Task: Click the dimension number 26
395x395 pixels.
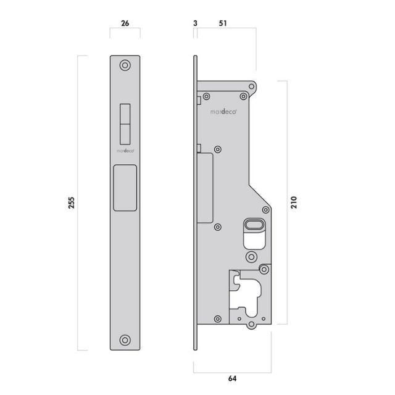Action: click(125, 24)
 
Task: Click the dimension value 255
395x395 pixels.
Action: click(71, 203)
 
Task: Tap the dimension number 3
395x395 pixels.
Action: click(195, 24)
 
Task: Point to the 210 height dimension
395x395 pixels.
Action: click(294, 202)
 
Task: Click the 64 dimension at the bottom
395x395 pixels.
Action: click(233, 378)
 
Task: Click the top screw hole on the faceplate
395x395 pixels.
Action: click(125, 65)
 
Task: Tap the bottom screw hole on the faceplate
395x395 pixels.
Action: click(125, 340)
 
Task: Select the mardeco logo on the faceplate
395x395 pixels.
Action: click(125, 150)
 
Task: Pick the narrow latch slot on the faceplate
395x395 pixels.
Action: click(125, 123)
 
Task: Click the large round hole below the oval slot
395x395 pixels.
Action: click(251, 256)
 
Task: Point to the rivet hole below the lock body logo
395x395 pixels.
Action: click(218, 149)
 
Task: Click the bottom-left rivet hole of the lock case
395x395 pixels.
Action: click(217, 319)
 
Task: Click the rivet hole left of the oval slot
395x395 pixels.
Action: click(217, 227)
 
